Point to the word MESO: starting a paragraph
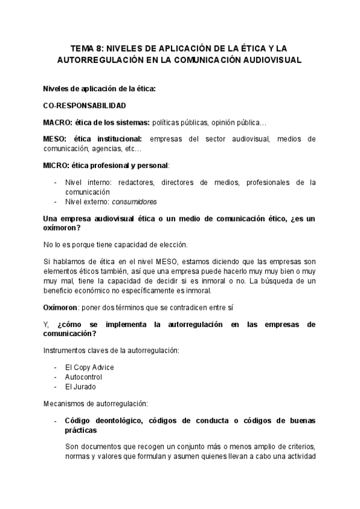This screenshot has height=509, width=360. coord(56,139)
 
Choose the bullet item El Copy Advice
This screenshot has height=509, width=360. coord(89,367)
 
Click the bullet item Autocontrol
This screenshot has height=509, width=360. coord(83,377)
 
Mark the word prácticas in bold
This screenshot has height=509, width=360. coord(80,431)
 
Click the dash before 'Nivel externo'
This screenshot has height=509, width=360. coord(56,202)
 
